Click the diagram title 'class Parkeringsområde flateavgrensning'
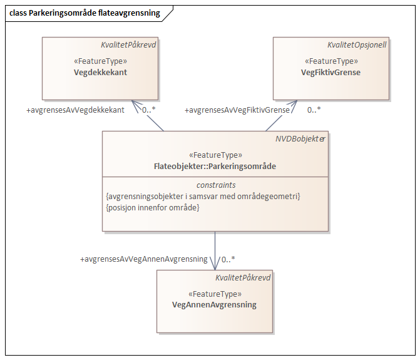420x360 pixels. [85, 13]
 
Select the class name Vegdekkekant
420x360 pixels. [100, 72]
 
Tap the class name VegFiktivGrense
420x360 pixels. [330, 72]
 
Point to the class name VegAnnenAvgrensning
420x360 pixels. [214, 305]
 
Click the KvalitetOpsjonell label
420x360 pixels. [357, 44]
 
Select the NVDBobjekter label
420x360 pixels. [300, 139]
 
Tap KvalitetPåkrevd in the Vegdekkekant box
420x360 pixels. [129, 44]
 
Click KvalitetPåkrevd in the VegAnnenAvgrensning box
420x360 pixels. [243, 277]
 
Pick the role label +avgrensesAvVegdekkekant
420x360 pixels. [75, 110]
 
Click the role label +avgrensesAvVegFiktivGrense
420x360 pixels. [237, 110]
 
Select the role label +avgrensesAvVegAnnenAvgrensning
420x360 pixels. [144, 259]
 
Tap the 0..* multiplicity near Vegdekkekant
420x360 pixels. [149, 110]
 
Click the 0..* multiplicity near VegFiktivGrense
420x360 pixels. [314, 110]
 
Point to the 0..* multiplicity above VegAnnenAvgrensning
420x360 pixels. [228, 259]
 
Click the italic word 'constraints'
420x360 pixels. [215, 185]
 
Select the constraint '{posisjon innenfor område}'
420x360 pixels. [153, 207]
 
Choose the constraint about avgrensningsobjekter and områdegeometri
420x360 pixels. [203, 196]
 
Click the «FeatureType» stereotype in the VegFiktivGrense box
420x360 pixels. [330, 61]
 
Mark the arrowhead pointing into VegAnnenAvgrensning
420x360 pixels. [215, 265]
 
